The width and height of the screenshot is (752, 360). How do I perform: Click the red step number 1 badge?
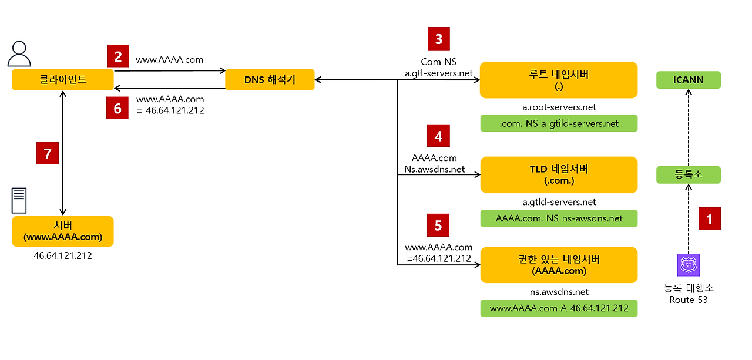tap(709, 219)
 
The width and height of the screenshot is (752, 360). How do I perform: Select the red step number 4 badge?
tap(438, 136)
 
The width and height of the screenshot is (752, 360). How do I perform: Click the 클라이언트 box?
tap(62, 79)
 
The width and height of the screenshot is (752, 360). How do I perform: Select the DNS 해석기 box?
tap(270, 79)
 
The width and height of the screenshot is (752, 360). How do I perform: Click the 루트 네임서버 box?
tap(558, 80)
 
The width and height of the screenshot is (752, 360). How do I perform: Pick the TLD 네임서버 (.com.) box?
tap(558, 174)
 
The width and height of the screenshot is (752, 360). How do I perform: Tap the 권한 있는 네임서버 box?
tap(558, 265)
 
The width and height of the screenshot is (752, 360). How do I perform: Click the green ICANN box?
tap(688, 80)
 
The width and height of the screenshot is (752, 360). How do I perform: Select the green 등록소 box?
tap(688, 174)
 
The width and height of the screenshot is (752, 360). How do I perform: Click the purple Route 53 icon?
tap(688, 265)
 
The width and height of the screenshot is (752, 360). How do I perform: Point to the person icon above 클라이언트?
tap(19, 54)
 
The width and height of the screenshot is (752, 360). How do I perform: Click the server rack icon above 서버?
tap(19, 201)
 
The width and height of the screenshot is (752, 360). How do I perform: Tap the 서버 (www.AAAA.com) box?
tap(62, 231)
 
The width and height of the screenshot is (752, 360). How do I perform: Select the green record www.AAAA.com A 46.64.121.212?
tap(558, 308)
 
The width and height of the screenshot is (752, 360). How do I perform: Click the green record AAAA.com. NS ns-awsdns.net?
tap(558, 218)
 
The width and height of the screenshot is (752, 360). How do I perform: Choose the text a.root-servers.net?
tap(559, 107)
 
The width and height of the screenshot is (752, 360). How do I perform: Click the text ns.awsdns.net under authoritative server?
tap(559, 292)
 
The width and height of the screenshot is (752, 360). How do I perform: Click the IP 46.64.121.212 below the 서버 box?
tap(63, 256)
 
